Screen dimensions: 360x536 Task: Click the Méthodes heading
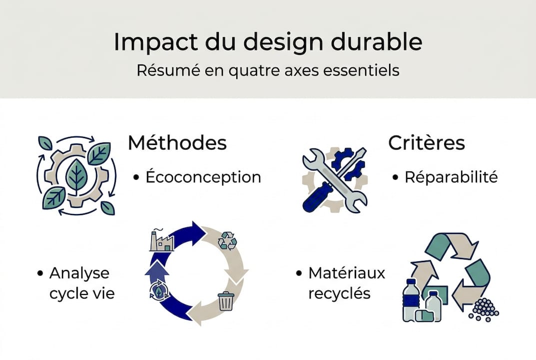pos(177,142)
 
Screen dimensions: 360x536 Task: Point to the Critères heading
pos(426,142)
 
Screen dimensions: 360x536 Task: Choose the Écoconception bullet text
pos(203,177)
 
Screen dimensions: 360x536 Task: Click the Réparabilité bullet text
pos(451,177)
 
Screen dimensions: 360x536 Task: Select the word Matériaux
pos(347,273)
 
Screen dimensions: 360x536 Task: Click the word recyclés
pos(339,293)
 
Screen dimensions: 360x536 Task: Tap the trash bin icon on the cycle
pos(226,301)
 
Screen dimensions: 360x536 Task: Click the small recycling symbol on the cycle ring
pos(228,240)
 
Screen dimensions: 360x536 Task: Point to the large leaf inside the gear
pos(76,175)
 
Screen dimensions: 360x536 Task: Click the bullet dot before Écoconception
pos(136,177)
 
